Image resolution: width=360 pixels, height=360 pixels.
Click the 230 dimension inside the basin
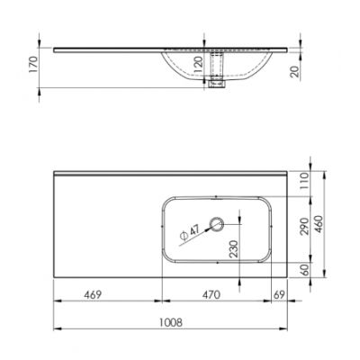pyautogui.click(x=235, y=249)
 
